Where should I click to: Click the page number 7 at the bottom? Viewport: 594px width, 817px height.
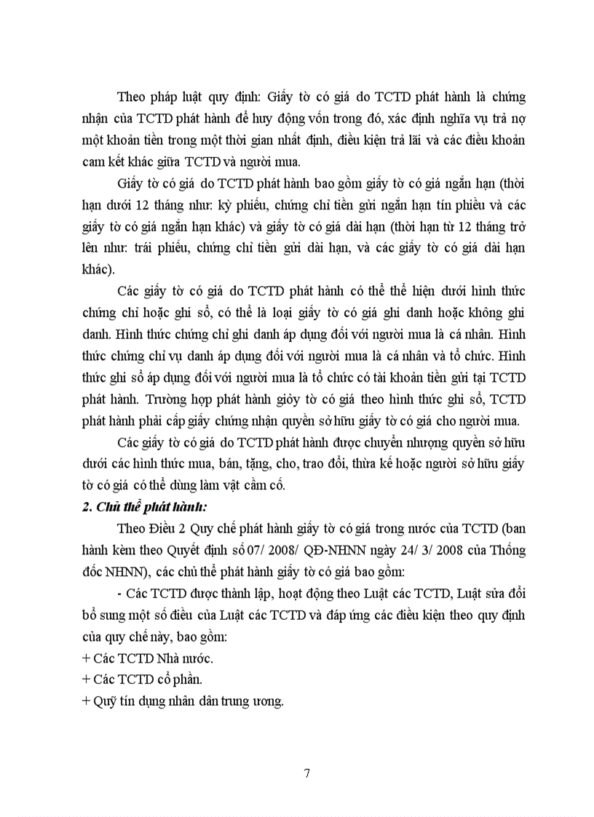[x=306, y=773]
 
